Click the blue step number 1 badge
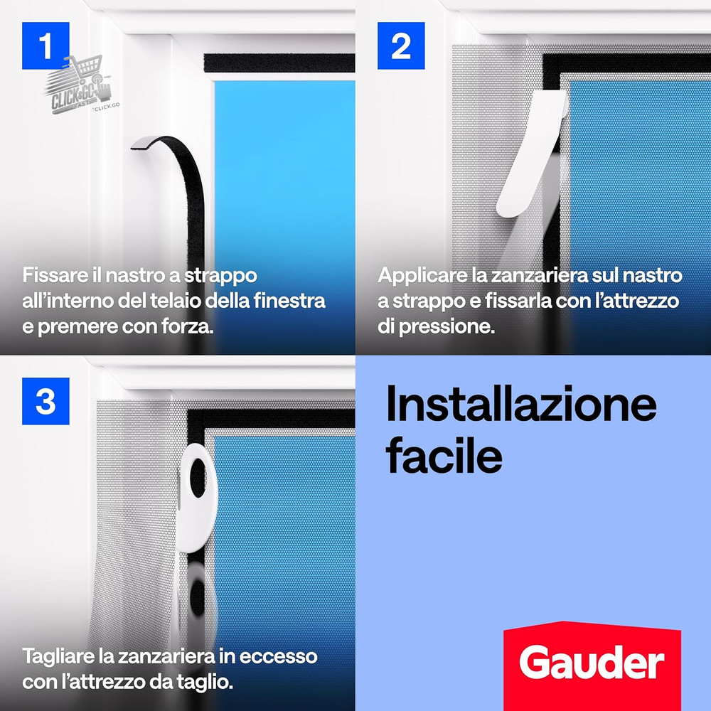[46, 46]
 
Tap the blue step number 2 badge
[401, 46]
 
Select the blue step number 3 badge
[46, 401]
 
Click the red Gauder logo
[592, 663]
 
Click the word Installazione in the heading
[521, 405]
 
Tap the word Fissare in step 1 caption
[52, 275]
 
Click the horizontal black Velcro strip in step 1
[279, 63]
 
